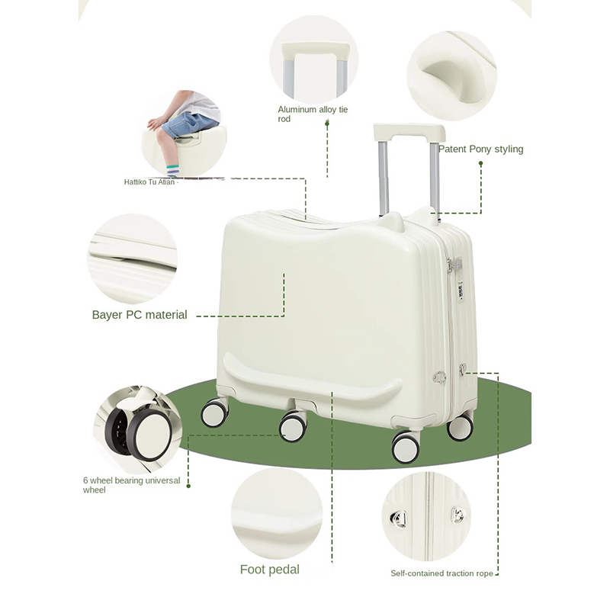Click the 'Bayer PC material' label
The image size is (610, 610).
[x=140, y=315]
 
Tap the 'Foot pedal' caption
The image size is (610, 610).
[x=270, y=570]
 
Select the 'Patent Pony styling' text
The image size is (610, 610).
[x=481, y=149]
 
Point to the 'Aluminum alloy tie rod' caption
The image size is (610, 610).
[x=313, y=114]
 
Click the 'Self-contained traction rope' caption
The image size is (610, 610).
[x=441, y=573]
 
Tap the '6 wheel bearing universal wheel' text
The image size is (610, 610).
[x=131, y=485]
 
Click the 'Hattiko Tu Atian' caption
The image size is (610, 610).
[x=149, y=182]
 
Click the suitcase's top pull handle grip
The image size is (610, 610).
[x=409, y=131]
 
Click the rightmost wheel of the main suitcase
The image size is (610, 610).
[x=461, y=427]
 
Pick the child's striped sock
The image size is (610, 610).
[x=173, y=171]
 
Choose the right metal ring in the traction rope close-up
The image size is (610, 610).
[x=458, y=515]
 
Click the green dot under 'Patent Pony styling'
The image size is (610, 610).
[x=481, y=164]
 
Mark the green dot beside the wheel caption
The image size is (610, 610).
[x=188, y=486]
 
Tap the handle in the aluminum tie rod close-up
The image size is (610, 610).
[x=316, y=49]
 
